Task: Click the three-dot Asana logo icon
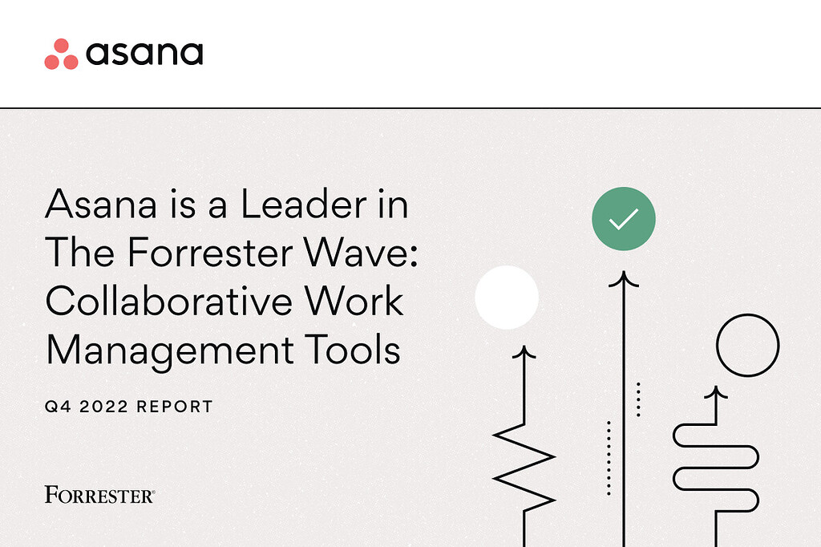tap(61, 54)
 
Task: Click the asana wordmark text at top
tap(144, 54)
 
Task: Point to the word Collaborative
tap(168, 302)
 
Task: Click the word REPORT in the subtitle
tap(175, 407)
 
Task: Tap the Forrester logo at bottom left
tap(100, 494)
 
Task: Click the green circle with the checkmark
tap(624, 218)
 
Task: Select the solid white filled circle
tap(507, 298)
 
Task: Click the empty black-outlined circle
tap(747, 346)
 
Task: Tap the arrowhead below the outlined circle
tap(715, 393)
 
